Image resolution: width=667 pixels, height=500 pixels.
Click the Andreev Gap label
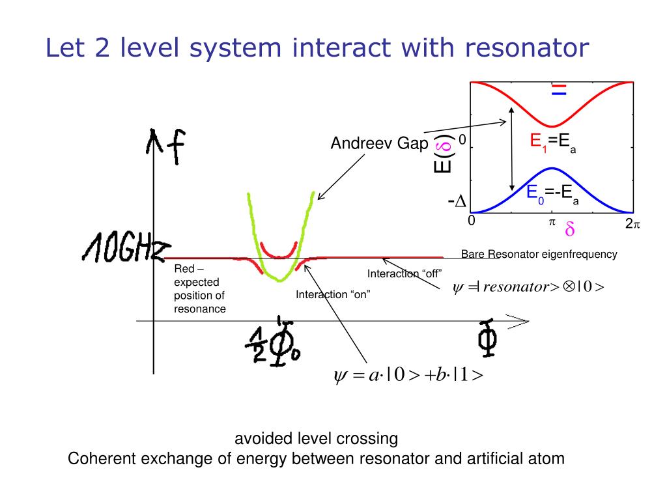click(378, 143)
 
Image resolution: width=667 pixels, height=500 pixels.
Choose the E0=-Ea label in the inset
click(553, 193)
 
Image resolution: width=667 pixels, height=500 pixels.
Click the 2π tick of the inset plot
click(632, 224)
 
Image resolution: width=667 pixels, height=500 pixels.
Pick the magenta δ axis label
click(569, 230)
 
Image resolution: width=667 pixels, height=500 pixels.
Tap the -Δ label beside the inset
click(457, 202)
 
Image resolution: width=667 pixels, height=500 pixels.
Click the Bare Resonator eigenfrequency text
click(539, 254)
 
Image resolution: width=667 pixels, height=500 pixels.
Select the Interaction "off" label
click(404, 273)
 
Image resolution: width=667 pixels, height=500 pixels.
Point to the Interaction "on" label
click(333, 294)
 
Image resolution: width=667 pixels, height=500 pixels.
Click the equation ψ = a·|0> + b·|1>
click(408, 376)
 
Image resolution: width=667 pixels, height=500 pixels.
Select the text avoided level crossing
click(316, 437)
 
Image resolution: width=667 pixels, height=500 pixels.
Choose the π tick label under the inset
click(551, 222)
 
